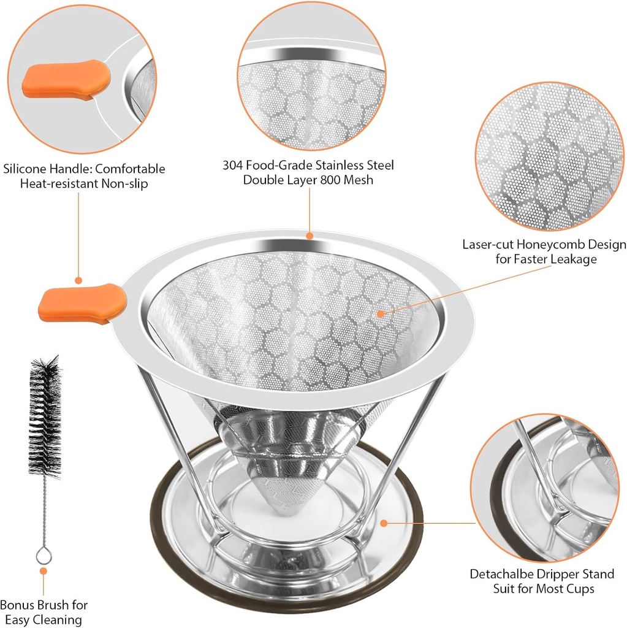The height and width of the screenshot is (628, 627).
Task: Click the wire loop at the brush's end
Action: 44,556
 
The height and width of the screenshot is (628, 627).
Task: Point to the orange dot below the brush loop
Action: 44,571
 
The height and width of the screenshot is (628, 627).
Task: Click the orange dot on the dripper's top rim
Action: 310,234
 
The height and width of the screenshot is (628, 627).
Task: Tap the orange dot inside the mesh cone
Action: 380,313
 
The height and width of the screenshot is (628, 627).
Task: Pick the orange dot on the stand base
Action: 384,523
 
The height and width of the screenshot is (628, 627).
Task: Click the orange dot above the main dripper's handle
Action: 79,280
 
